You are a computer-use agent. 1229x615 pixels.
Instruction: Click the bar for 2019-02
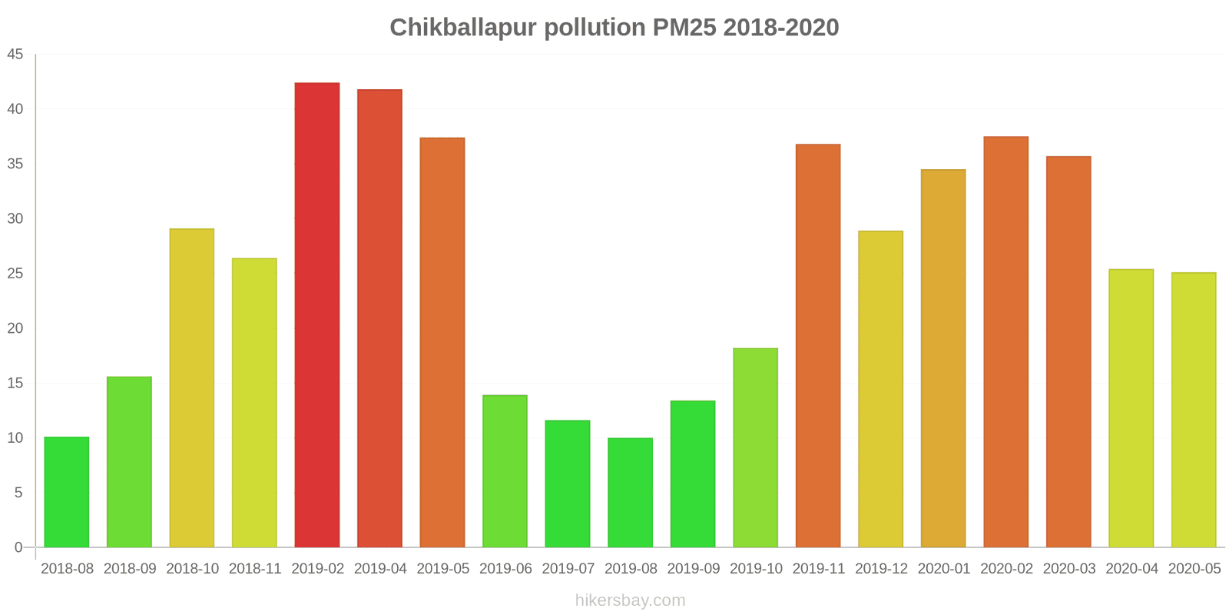(x=317, y=315)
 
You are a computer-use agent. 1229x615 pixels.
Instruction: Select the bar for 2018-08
(x=67, y=492)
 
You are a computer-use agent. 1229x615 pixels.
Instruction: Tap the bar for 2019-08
(x=630, y=493)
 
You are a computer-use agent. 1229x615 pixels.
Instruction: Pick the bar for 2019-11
(x=818, y=346)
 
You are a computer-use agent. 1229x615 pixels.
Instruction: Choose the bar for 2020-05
(x=1194, y=410)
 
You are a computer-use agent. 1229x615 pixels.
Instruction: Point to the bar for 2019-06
(x=505, y=471)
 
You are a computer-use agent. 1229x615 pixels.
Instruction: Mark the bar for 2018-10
(x=192, y=388)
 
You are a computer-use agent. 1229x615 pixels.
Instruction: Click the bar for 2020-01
(x=943, y=358)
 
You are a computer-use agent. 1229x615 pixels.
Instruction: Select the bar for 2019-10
(x=755, y=447)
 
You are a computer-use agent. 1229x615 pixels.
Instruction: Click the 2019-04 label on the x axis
(x=380, y=569)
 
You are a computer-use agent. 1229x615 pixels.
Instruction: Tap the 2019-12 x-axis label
(x=881, y=569)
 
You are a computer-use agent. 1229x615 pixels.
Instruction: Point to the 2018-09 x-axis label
(x=130, y=569)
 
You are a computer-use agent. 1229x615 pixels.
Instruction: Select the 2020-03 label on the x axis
(x=1069, y=569)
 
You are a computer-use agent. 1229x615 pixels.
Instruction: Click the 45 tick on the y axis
(x=15, y=55)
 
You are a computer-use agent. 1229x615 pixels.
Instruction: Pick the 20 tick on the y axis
(x=15, y=328)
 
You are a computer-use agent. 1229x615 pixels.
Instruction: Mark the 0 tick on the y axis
(x=18, y=547)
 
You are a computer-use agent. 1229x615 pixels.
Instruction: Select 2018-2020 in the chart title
(x=781, y=28)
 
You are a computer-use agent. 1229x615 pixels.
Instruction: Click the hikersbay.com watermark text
(x=630, y=600)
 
